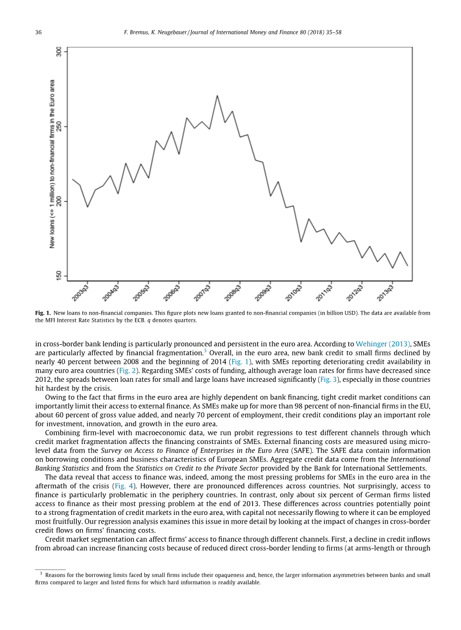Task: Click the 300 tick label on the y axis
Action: (x=59, y=52)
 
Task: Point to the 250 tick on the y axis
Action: (x=59, y=127)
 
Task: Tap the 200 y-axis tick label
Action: (x=59, y=201)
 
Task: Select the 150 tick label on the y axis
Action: (x=59, y=276)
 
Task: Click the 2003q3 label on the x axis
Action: (x=81, y=292)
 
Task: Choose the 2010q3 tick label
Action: (x=295, y=292)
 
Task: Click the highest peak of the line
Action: (x=217, y=96)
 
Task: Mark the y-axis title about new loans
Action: (x=52, y=164)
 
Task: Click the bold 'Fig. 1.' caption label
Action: (x=43, y=313)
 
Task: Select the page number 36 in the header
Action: (x=39, y=33)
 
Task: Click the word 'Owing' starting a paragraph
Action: (x=54, y=397)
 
